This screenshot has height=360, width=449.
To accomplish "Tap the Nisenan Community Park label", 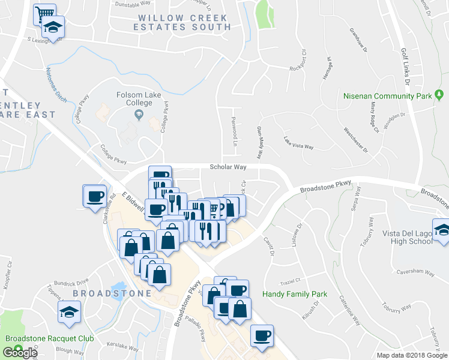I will pyautogui.click(x=387, y=96).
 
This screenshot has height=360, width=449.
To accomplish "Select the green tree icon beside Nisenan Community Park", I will pyautogui.click(x=439, y=95).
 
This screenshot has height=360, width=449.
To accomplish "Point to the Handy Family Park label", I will pyautogui.click(x=295, y=295).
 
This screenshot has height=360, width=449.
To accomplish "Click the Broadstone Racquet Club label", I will pyautogui.click(x=50, y=338).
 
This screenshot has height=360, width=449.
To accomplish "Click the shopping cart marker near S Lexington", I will pyautogui.click(x=44, y=13).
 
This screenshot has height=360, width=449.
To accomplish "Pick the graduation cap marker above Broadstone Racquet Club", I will pyautogui.click(x=69, y=311).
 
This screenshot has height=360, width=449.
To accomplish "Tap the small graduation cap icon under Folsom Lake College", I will pyautogui.click(x=139, y=114).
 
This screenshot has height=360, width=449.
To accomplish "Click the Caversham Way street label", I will pyautogui.click(x=414, y=272).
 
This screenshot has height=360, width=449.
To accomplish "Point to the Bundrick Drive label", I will pyautogui.click(x=70, y=280).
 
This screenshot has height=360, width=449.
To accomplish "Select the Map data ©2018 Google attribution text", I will pyautogui.click(x=411, y=355).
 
